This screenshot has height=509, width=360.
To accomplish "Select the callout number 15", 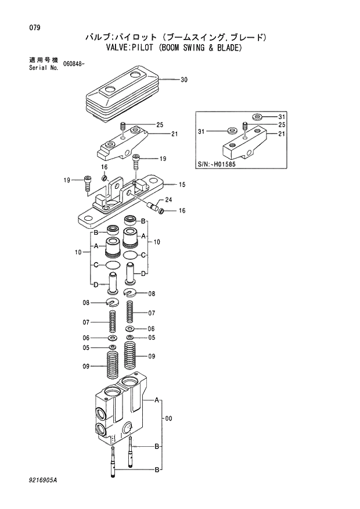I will pyautogui.click(x=182, y=185).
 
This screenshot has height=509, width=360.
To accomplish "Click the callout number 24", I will pyautogui.click(x=169, y=200).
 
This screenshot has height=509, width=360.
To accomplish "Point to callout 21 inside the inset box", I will pyautogui.click(x=282, y=134).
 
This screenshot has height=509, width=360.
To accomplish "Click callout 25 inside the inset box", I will pyautogui.click(x=282, y=125).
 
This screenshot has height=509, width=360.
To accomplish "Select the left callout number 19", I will pyautogui.click(x=66, y=180).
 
